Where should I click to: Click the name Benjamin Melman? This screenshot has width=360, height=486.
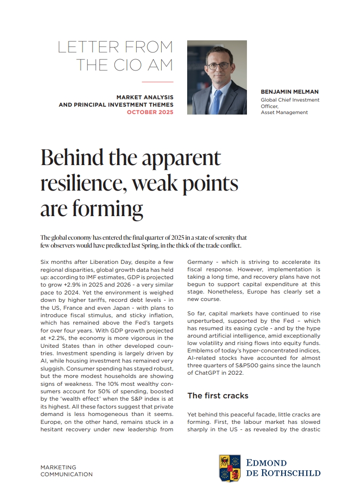[290, 92]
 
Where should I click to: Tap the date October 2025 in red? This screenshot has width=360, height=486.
[150, 112]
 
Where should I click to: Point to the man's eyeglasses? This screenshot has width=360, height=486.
[218, 66]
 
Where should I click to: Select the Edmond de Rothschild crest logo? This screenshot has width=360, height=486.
[229, 468]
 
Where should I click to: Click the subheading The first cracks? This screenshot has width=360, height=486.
[218, 396]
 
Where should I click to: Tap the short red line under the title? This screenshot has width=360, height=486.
[157, 82]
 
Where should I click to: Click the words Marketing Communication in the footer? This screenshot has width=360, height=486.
[66, 471]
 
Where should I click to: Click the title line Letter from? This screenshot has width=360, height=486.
[115, 47]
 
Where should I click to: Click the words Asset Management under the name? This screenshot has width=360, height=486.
[284, 112]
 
